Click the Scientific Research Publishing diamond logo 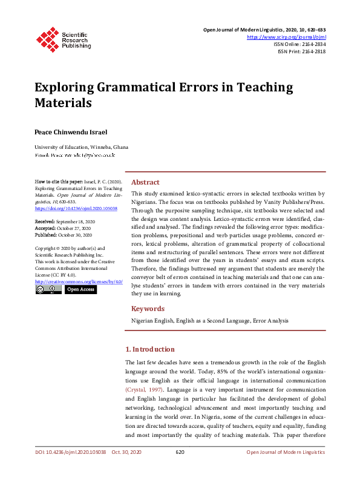tap(46, 38)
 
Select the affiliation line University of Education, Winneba tap(81, 147)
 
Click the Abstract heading tap(145, 182)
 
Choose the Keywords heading tap(148, 309)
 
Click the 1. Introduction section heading tap(158, 349)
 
